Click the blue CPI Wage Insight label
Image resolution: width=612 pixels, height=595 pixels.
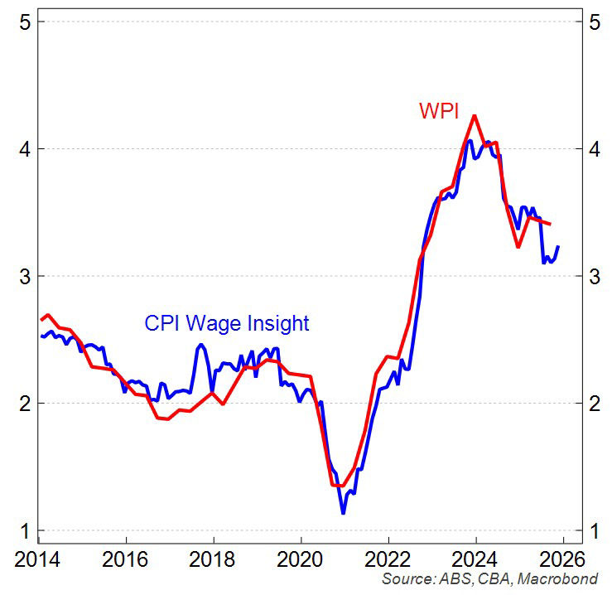[226, 323]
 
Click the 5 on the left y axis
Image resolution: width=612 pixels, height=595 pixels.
[25, 22]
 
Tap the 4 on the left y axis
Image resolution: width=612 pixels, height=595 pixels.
[25, 149]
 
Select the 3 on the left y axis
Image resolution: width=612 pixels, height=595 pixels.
[25, 276]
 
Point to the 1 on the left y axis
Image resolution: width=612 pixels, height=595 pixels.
[25, 530]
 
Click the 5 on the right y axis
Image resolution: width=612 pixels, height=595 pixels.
[594, 22]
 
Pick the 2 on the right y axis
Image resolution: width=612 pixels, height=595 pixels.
[594, 404]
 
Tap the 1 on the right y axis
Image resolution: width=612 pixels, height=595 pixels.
[594, 530]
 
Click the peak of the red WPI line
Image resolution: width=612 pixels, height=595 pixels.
[475, 116]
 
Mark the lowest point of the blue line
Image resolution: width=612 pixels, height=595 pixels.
[343, 513]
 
